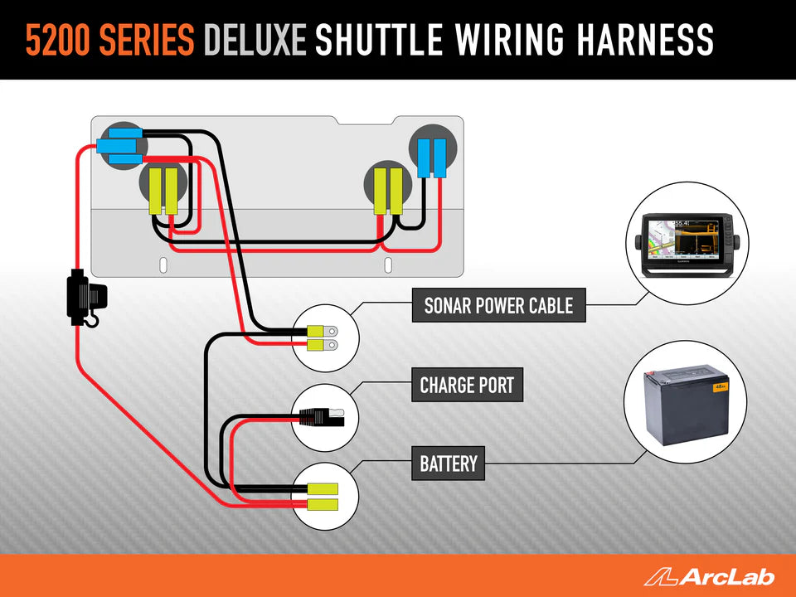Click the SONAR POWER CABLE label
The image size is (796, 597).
[x=498, y=306]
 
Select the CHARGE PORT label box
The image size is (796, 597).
[x=467, y=386]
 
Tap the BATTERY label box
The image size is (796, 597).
[x=449, y=464]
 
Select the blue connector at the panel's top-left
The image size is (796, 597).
[x=121, y=147]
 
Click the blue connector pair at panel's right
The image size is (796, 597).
[x=431, y=158]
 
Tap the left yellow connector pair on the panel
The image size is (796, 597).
[x=164, y=191]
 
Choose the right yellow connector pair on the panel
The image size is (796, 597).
[x=387, y=191]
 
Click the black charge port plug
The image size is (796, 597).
[x=319, y=417]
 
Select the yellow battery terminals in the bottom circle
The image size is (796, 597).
[x=323, y=497]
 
